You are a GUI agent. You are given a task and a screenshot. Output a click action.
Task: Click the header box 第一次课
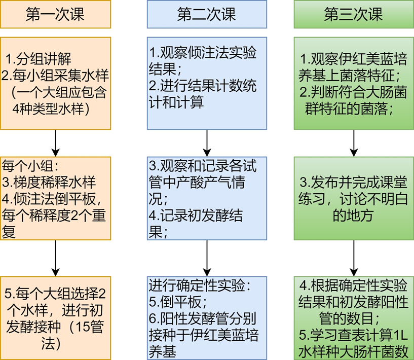[x=55, y=14]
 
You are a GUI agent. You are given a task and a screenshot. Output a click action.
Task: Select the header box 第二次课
[x=207, y=14]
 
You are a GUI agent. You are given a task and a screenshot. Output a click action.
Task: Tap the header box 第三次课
[x=354, y=14]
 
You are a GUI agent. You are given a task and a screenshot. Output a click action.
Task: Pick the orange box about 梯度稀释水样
[x=55, y=198]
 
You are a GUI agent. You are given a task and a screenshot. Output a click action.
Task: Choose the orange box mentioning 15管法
[x=55, y=317]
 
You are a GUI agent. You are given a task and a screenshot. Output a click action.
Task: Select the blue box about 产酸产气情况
[x=207, y=198]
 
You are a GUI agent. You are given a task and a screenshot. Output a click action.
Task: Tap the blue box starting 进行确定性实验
[x=207, y=317]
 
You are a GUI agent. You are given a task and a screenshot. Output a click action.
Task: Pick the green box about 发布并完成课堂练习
[x=354, y=198]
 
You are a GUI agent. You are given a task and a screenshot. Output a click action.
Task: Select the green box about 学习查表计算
[x=354, y=317]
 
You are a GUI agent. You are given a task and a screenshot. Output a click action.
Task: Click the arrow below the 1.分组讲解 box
[x=55, y=143]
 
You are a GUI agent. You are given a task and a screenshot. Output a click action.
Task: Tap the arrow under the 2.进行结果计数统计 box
[x=207, y=143]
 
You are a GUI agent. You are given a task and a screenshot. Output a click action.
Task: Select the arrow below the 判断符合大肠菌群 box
[x=354, y=143]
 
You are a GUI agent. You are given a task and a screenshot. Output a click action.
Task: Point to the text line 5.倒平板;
[x=177, y=302]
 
